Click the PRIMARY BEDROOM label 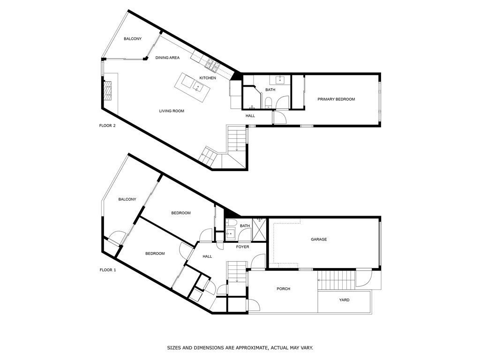(x=336, y=99)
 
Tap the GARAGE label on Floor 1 (x=319, y=240)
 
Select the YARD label (x=344, y=300)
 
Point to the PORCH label (x=283, y=289)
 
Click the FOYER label (x=242, y=247)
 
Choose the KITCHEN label (x=208, y=78)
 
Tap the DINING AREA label (x=168, y=58)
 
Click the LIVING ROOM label (x=172, y=111)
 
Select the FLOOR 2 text (x=107, y=126)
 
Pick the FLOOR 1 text (x=107, y=270)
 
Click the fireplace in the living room (x=108, y=90)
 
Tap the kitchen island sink (x=198, y=86)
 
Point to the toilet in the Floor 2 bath (x=268, y=103)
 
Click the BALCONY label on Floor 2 (x=133, y=39)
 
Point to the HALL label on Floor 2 (x=250, y=116)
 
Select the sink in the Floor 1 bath (x=230, y=233)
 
